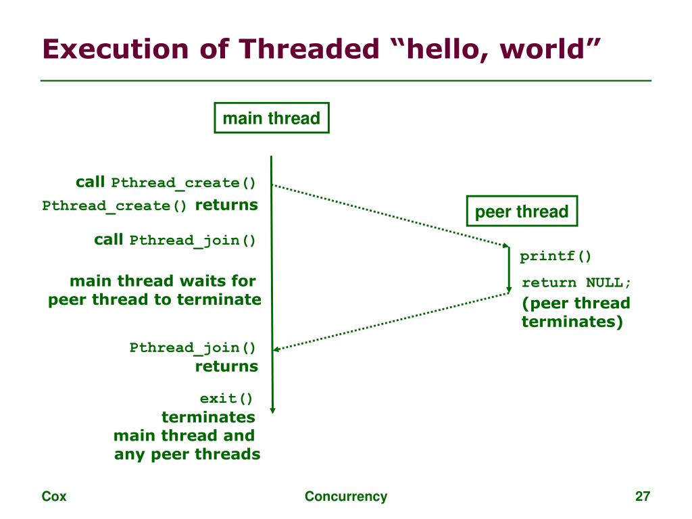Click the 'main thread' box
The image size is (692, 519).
coord(271,118)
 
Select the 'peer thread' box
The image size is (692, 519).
coord(522,212)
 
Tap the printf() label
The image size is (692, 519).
coord(555,256)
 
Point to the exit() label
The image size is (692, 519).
coord(226,399)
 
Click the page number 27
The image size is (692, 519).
coord(642,497)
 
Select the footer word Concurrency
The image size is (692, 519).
coord(346,497)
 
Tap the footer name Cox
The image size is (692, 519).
coord(54,497)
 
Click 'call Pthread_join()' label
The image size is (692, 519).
coord(175,240)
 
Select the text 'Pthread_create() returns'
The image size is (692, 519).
coord(149,205)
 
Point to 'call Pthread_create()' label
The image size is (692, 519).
coord(166,182)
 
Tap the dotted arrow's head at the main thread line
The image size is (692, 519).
coord(276,349)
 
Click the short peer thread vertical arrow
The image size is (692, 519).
coord(509,270)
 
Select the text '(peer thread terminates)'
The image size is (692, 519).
coord(574,312)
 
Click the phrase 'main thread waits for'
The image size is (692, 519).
coord(162,280)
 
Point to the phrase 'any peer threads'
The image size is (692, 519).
coord(187,454)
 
